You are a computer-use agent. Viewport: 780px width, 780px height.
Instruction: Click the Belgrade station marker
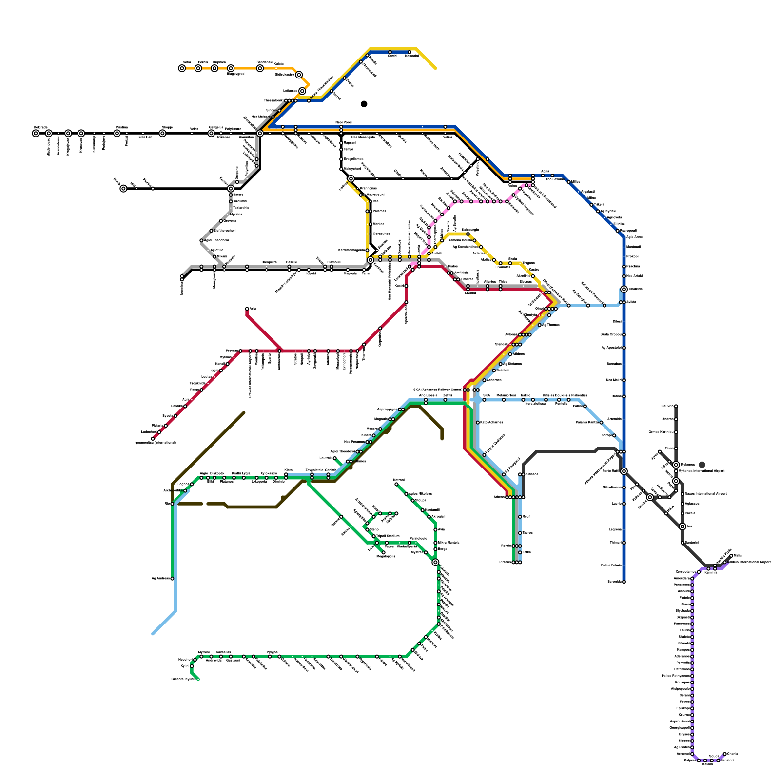pos(36,134)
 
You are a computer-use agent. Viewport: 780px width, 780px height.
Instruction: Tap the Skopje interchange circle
pos(162,134)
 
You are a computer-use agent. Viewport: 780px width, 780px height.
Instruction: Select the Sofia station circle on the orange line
pos(182,69)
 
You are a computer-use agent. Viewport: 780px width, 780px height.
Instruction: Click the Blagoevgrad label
pos(235,74)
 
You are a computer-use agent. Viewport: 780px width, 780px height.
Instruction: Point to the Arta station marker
pos(247,309)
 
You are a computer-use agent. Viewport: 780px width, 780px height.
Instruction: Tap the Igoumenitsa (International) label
pos(155,443)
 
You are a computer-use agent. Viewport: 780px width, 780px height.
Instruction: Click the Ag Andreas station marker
pos(172,579)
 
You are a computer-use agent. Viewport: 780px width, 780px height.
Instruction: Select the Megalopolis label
pos(386,556)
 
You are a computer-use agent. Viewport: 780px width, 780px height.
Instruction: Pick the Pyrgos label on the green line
pos(272,652)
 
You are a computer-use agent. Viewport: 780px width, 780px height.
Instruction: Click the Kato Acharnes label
pos(491,422)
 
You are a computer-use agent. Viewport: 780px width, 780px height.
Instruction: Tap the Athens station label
pos(499,497)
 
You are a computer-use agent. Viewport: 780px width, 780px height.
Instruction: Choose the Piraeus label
pos(505,562)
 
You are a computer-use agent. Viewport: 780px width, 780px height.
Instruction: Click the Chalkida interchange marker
pos(624,290)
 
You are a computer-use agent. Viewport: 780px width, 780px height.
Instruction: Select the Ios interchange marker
pos(682,526)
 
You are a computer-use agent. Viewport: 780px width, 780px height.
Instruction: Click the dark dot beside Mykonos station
pos(702,465)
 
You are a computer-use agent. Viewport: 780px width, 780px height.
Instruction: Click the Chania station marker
pos(725,754)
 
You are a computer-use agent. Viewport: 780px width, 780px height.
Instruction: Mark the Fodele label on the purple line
pos(684,598)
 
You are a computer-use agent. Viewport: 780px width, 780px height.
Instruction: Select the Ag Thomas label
pos(551,325)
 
